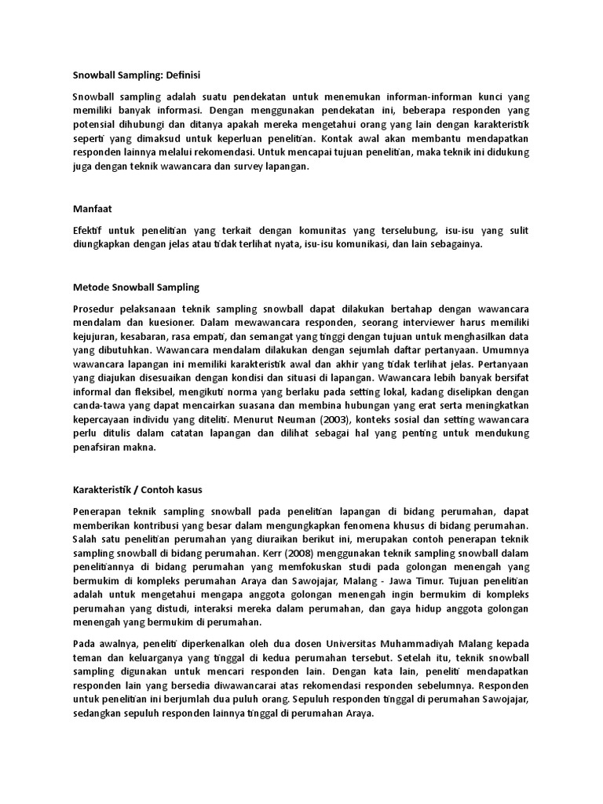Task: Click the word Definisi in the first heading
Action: (180, 75)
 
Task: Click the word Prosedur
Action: (93, 308)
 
